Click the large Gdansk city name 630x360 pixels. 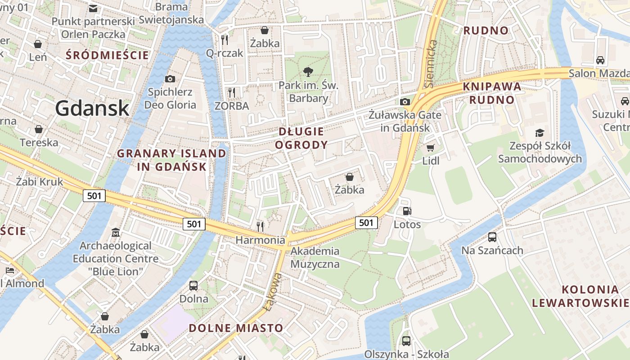coord(92,108)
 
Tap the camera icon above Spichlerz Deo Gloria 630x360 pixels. coord(170,79)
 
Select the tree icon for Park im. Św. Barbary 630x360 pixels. coord(308,72)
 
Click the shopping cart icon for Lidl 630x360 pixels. coord(431,148)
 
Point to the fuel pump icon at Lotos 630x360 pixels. coord(407,211)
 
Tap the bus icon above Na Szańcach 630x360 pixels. coord(492,237)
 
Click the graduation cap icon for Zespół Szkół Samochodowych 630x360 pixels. coord(540,132)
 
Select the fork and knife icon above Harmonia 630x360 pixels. coord(260,226)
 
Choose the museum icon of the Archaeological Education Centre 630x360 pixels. coord(116,233)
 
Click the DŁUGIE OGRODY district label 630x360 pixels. coord(301,138)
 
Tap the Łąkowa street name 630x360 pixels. coord(273,292)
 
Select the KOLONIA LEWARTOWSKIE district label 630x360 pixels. coord(580,296)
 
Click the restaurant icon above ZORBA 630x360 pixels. coord(232,93)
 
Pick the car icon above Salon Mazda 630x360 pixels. coord(600,60)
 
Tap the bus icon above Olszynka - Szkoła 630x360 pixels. coord(406,341)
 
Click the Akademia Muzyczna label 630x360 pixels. coord(315,257)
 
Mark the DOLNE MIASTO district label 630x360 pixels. coord(236,328)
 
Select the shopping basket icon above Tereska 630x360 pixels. coord(39,129)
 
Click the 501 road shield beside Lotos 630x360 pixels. coord(366,222)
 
